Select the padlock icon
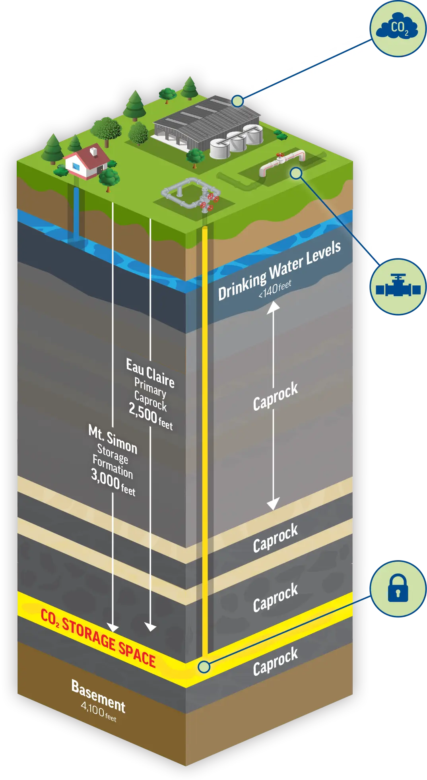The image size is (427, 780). (398, 588)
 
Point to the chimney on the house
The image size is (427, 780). (94, 151)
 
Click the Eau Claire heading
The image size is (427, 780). (150, 373)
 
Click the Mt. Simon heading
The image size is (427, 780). (113, 439)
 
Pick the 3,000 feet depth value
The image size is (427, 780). (113, 482)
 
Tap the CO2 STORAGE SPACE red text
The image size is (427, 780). (98, 638)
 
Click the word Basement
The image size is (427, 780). (98, 696)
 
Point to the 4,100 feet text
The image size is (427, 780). (98, 712)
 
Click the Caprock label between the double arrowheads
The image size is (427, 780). (275, 396)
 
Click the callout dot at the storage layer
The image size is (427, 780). (204, 667)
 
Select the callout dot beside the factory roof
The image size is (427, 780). (237, 101)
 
